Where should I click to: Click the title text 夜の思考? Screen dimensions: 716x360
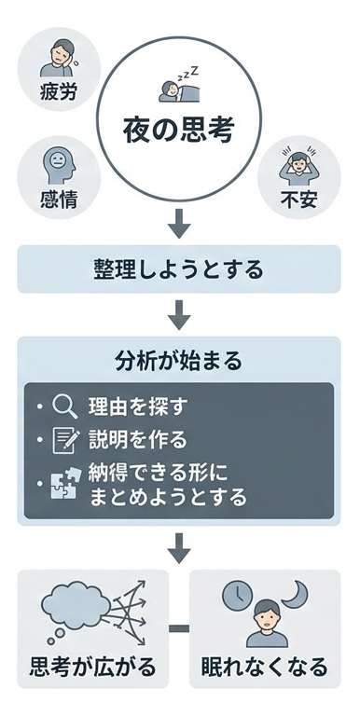(177, 131)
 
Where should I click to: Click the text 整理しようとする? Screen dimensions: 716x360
(179, 269)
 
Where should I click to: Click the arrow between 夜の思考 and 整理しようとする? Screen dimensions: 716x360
(179, 224)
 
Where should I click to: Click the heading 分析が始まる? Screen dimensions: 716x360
(179, 359)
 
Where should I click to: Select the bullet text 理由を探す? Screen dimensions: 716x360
(138, 407)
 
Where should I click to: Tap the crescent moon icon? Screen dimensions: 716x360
(301, 594)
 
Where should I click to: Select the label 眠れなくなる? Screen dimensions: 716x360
(265, 668)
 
